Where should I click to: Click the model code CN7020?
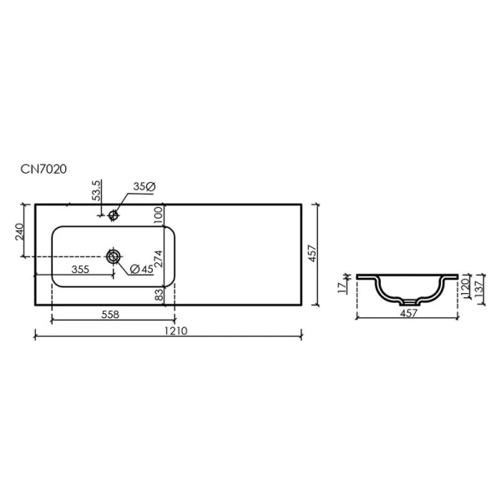[x=43, y=169]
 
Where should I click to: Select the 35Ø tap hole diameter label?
[x=143, y=188]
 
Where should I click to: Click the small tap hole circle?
[x=115, y=215]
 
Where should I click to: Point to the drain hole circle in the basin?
[x=113, y=256]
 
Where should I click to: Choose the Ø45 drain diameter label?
[x=140, y=269]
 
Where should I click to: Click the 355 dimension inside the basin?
[x=80, y=269]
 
